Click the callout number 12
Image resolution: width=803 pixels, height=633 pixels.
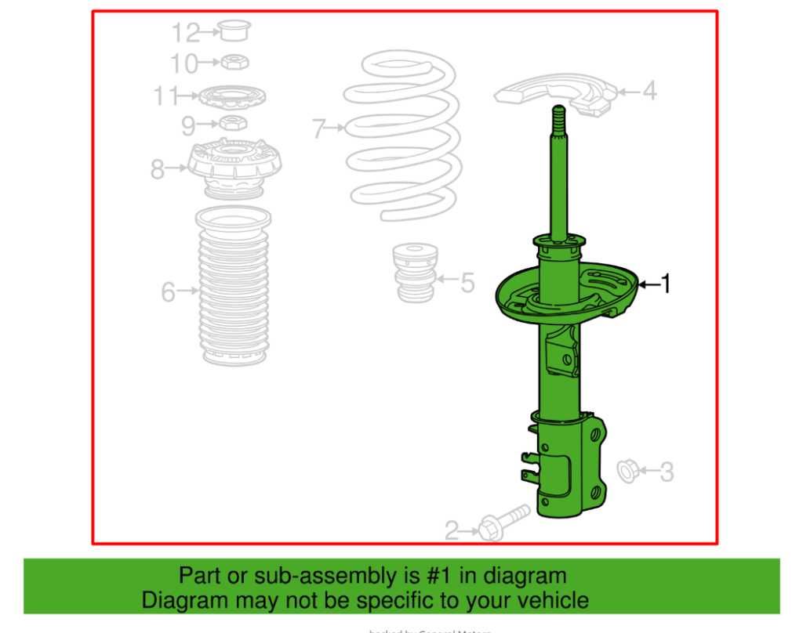pos(187,33)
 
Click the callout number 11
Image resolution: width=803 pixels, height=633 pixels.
pos(166,96)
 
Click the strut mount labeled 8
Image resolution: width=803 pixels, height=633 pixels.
pos(234,166)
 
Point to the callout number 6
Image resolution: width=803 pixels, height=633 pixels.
pos(168,292)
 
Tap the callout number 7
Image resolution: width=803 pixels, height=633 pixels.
pos(318,128)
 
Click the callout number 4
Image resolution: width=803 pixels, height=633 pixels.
pos(649,92)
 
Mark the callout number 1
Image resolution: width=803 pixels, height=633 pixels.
pos(666,284)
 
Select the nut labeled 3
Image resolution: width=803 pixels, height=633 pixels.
pos(627,470)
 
